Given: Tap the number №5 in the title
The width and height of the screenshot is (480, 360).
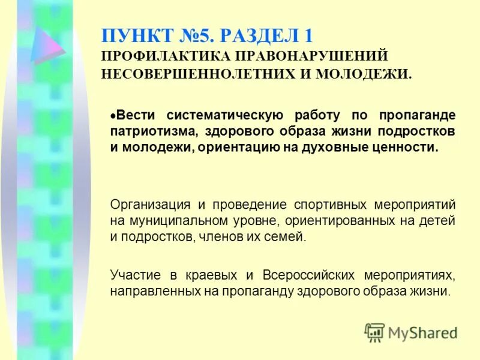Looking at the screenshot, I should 195,35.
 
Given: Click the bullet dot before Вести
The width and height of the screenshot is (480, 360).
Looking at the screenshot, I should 113,114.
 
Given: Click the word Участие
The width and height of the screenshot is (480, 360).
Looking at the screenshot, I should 135,275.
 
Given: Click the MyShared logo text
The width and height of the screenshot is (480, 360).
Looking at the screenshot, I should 422,332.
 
